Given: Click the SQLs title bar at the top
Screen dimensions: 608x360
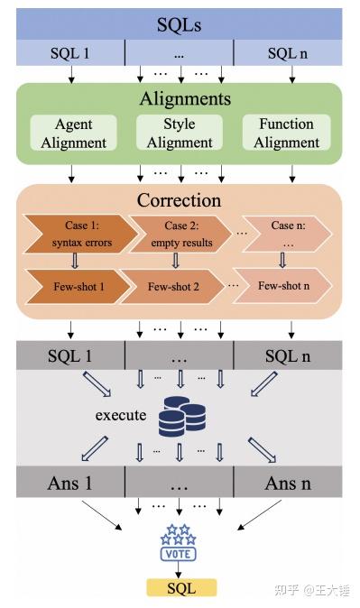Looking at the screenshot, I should pyautogui.click(x=180, y=23).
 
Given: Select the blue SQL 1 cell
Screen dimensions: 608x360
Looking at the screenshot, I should pyautogui.click(x=69, y=53).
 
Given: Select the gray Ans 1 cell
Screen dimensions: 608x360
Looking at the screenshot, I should pyautogui.click(x=69, y=483).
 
